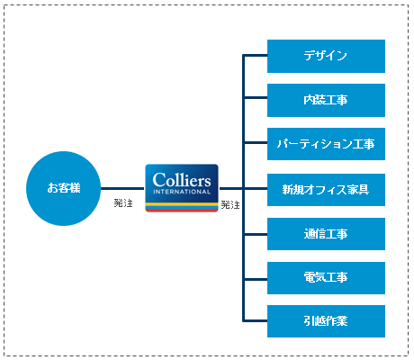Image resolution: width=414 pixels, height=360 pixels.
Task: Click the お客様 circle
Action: (x=63, y=188)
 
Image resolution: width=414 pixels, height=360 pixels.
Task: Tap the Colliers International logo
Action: (x=182, y=188)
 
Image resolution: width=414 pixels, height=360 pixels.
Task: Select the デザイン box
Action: (x=326, y=56)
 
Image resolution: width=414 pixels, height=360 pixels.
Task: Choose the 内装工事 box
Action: (x=326, y=100)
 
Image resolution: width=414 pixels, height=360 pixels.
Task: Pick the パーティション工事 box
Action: (x=326, y=144)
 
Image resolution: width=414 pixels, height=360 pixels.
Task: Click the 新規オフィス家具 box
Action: (x=326, y=190)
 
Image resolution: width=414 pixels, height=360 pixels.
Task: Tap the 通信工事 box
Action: (x=326, y=234)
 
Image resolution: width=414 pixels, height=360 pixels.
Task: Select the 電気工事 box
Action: (x=326, y=278)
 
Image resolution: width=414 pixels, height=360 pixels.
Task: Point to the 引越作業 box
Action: (x=326, y=321)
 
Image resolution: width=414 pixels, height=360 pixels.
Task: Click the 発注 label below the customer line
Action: (x=123, y=203)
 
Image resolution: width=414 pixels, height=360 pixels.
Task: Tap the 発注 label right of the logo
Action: (x=230, y=205)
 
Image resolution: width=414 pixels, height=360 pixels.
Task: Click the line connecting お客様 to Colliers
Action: (x=122, y=189)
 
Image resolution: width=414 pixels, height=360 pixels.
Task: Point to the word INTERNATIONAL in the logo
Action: (x=182, y=192)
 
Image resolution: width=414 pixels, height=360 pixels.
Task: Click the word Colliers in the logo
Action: (x=182, y=180)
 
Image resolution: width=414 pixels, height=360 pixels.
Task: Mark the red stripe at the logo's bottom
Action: (x=182, y=211)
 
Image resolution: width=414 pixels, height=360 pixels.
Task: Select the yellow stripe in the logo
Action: (x=182, y=204)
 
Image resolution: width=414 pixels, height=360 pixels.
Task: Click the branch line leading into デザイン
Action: (x=256, y=55)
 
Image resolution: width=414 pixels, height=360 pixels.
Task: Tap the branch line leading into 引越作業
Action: (x=256, y=321)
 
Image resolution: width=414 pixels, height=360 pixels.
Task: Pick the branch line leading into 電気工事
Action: (x=256, y=279)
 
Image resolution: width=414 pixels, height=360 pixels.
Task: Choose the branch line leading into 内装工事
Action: (x=256, y=97)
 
